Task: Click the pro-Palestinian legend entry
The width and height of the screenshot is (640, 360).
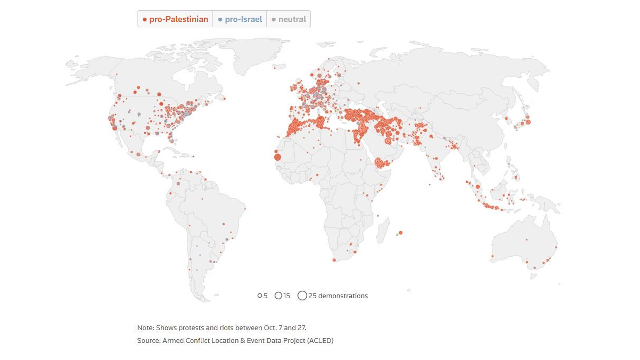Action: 175,19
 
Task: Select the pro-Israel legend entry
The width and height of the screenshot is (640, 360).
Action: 240,19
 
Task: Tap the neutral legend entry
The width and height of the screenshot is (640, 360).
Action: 289,19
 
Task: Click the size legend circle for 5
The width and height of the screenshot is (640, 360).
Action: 260,296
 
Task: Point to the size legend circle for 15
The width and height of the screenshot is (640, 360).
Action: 278,296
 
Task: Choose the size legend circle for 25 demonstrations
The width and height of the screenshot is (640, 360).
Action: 302,296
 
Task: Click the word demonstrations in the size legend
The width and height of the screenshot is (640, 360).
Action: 343,296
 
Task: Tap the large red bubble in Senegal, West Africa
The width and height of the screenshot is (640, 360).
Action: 277,157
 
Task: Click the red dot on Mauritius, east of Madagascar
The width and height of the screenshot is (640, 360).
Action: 401,233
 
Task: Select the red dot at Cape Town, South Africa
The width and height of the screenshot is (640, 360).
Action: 334,260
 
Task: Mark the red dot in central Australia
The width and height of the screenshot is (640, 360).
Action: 527,240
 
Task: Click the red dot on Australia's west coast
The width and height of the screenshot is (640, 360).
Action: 492,256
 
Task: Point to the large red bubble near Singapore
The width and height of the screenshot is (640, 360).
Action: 478,187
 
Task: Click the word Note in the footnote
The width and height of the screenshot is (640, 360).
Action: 145,328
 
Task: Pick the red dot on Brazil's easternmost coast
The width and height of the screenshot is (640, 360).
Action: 245,209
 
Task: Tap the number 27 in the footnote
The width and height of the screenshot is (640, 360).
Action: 301,328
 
